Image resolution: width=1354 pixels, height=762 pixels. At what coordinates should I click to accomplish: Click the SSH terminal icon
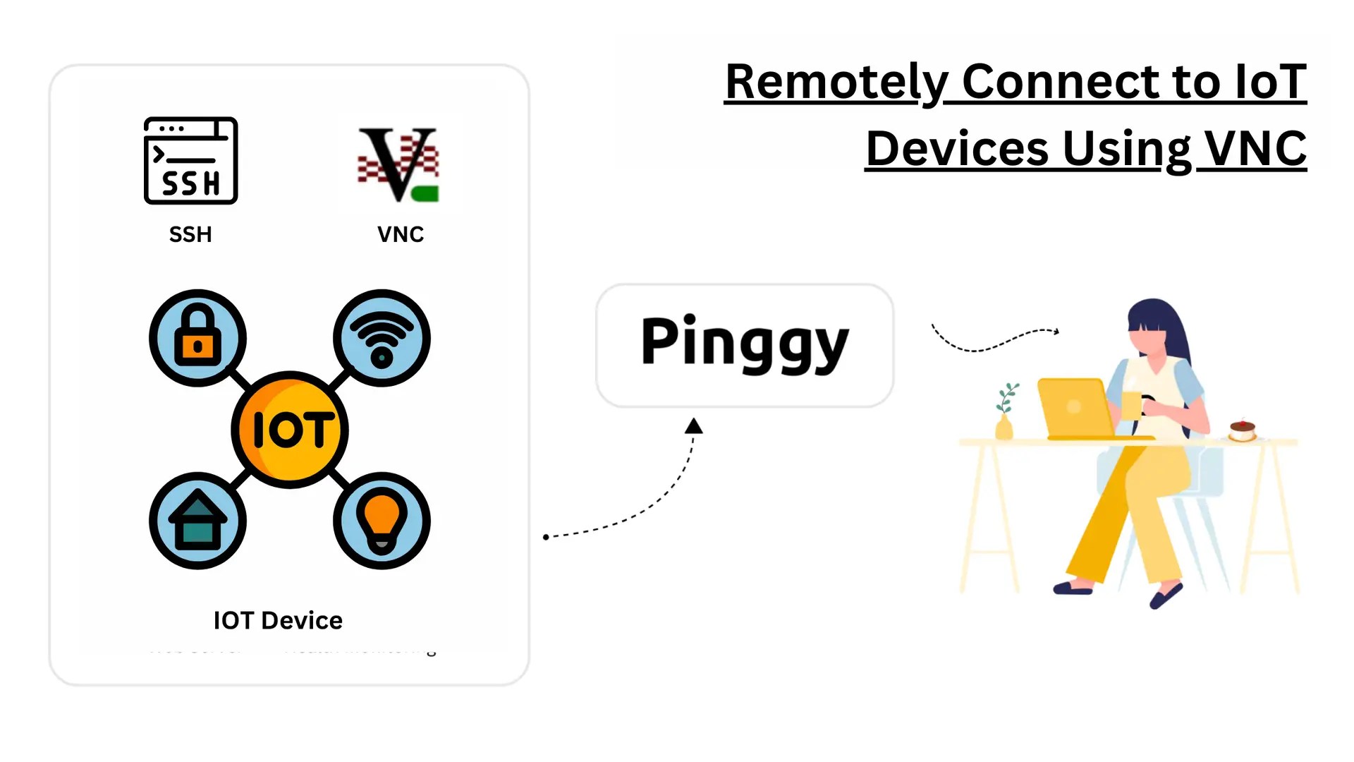coord(190,161)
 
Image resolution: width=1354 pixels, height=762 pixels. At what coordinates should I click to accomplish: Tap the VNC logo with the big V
coord(398,164)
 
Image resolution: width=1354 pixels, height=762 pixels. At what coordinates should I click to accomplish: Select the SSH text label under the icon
coord(190,234)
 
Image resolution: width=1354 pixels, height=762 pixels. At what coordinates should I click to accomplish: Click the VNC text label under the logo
coord(401,234)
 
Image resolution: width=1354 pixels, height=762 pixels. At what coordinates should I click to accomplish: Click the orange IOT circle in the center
coord(290,430)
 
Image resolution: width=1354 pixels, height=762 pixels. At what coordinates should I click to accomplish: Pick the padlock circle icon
coord(198,338)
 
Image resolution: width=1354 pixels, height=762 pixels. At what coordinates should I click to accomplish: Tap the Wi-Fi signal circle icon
coord(382,338)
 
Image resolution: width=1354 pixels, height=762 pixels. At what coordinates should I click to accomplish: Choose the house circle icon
coord(198,521)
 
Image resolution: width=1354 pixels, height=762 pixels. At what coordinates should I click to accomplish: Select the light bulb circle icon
coord(382,521)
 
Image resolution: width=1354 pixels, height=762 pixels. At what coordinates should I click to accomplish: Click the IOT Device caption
coord(278,620)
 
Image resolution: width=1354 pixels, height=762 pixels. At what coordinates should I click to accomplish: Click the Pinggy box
coord(745,345)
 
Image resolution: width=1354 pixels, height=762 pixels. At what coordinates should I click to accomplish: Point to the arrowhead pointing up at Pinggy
coord(694,426)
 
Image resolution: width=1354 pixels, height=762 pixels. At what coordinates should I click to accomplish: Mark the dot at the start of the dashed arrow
coord(546,537)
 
